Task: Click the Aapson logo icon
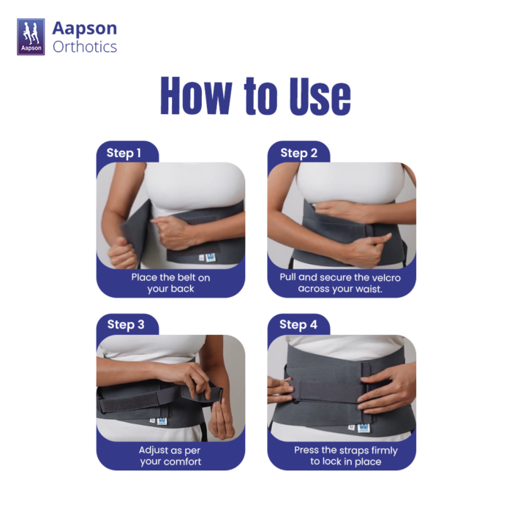tap(31, 37)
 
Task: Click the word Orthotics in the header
tap(85, 47)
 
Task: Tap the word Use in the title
tap(320, 96)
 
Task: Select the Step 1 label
tap(124, 153)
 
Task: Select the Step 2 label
tap(298, 153)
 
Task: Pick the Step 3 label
tap(126, 325)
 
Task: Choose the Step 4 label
tap(298, 325)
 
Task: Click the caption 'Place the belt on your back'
tap(170, 283)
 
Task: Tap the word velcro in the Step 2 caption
tap(385, 277)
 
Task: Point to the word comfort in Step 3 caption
tap(182, 462)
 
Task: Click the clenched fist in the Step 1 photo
tap(121, 252)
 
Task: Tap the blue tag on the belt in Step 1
tap(211, 257)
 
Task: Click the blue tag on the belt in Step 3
tap(162, 421)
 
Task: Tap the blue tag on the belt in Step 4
tap(364, 427)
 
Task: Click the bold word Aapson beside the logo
tap(85, 28)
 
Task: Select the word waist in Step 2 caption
tap(369, 289)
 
